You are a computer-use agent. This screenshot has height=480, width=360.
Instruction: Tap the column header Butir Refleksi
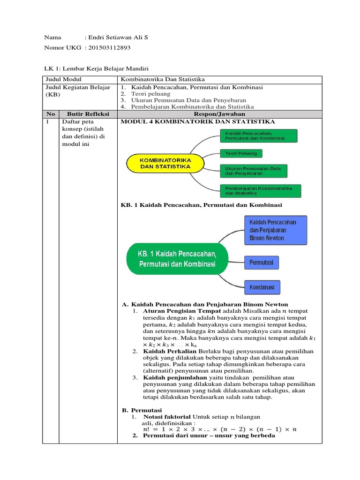(88, 114)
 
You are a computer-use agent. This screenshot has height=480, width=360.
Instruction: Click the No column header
(51, 114)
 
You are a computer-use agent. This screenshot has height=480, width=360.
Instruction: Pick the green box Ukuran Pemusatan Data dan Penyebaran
(253, 171)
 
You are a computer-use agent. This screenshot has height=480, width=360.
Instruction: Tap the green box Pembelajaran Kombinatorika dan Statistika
(260, 190)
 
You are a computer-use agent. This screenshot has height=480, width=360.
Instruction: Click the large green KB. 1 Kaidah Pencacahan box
(177, 258)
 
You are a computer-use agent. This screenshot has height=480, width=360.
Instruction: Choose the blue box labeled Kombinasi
(262, 286)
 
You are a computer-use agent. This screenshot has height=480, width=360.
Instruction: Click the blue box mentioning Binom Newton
(276, 230)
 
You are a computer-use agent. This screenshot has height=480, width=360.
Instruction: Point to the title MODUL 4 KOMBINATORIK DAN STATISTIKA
(198, 121)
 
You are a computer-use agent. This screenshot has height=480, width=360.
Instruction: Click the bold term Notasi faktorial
(167, 417)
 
